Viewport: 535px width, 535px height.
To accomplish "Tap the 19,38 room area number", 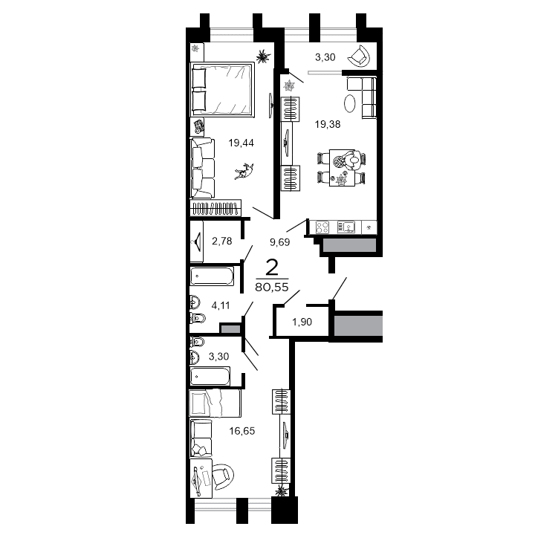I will click(x=328, y=124).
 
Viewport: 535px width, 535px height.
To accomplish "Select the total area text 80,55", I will click(x=270, y=288).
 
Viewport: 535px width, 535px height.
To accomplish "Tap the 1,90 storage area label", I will click(x=302, y=322).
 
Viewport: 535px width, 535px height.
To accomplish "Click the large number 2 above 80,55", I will click(x=272, y=268).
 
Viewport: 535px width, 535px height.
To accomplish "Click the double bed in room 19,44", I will click(x=224, y=89).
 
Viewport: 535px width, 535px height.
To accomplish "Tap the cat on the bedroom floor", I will click(x=242, y=172).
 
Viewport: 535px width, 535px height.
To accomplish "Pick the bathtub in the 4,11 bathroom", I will click(x=212, y=278).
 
